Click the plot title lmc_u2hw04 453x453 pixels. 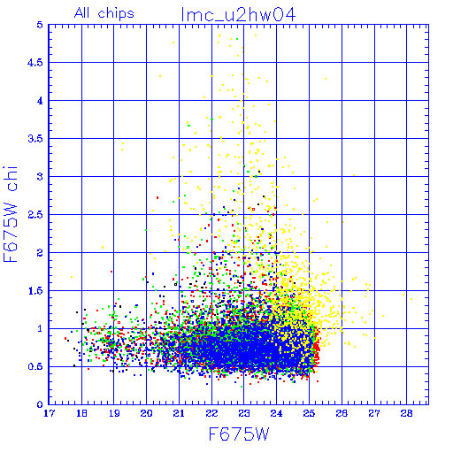click(x=238, y=15)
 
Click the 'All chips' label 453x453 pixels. click(x=104, y=13)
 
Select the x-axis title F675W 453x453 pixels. click(x=239, y=434)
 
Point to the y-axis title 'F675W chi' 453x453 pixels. click(x=11, y=214)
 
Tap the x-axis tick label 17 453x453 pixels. click(x=49, y=413)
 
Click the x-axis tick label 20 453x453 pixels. click(x=146, y=413)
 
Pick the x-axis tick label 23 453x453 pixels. click(x=244, y=413)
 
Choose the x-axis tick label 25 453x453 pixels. click(x=309, y=413)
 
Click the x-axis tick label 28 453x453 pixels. click(x=407, y=413)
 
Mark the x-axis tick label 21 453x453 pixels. click(x=179, y=413)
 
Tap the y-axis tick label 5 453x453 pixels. click(x=40, y=25)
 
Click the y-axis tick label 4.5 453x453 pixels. click(x=35, y=63)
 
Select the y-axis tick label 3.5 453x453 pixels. click(x=35, y=139)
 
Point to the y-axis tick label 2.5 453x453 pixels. click(x=35, y=215)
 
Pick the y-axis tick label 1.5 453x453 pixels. click(x=35, y=291)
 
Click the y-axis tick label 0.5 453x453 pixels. click(x=35, y=367)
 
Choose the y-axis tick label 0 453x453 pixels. click(x=40, y=404)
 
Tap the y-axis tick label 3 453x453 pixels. click(x=40, y=177)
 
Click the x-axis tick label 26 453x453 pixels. click(x=342, y=413)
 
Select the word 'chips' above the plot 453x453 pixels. click(x=116, y=14)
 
